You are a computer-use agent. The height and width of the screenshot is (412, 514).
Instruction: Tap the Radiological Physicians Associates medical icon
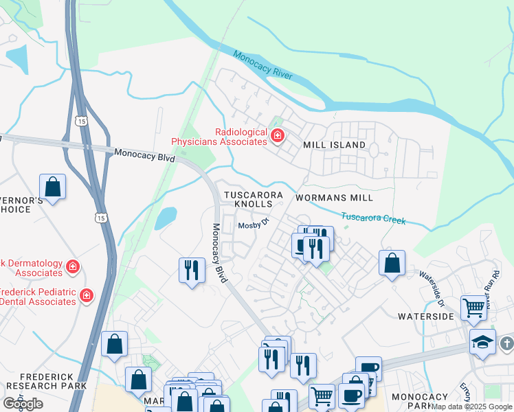[x=277, y=137]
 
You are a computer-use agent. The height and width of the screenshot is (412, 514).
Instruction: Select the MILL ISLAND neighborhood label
[x=335, y=146]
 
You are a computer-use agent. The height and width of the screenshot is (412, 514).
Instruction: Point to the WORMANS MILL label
[x=334, y=198]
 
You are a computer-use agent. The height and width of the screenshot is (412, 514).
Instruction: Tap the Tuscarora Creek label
[x=373, y=218]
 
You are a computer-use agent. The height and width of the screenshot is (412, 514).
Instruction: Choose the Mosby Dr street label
[x=251, y=226]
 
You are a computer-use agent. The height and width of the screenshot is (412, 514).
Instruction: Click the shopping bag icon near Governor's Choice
[x=52, y=187]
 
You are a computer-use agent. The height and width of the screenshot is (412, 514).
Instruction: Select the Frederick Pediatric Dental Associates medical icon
[x=86, y=296]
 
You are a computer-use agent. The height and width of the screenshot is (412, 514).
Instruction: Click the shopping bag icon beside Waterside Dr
[x=392, y=264]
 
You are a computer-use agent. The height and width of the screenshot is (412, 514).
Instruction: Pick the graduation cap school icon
[x=483, y=342]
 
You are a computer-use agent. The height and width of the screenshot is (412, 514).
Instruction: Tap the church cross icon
[x=507, y=342]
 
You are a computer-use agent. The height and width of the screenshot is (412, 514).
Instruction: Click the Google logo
[x=23, y=403]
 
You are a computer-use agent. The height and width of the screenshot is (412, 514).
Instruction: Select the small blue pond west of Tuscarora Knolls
[x=165, y=218]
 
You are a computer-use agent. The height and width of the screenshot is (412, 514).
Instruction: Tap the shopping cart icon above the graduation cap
[x=474, y=308]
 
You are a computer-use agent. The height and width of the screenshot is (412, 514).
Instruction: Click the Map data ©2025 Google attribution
[x=471, y=407]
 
